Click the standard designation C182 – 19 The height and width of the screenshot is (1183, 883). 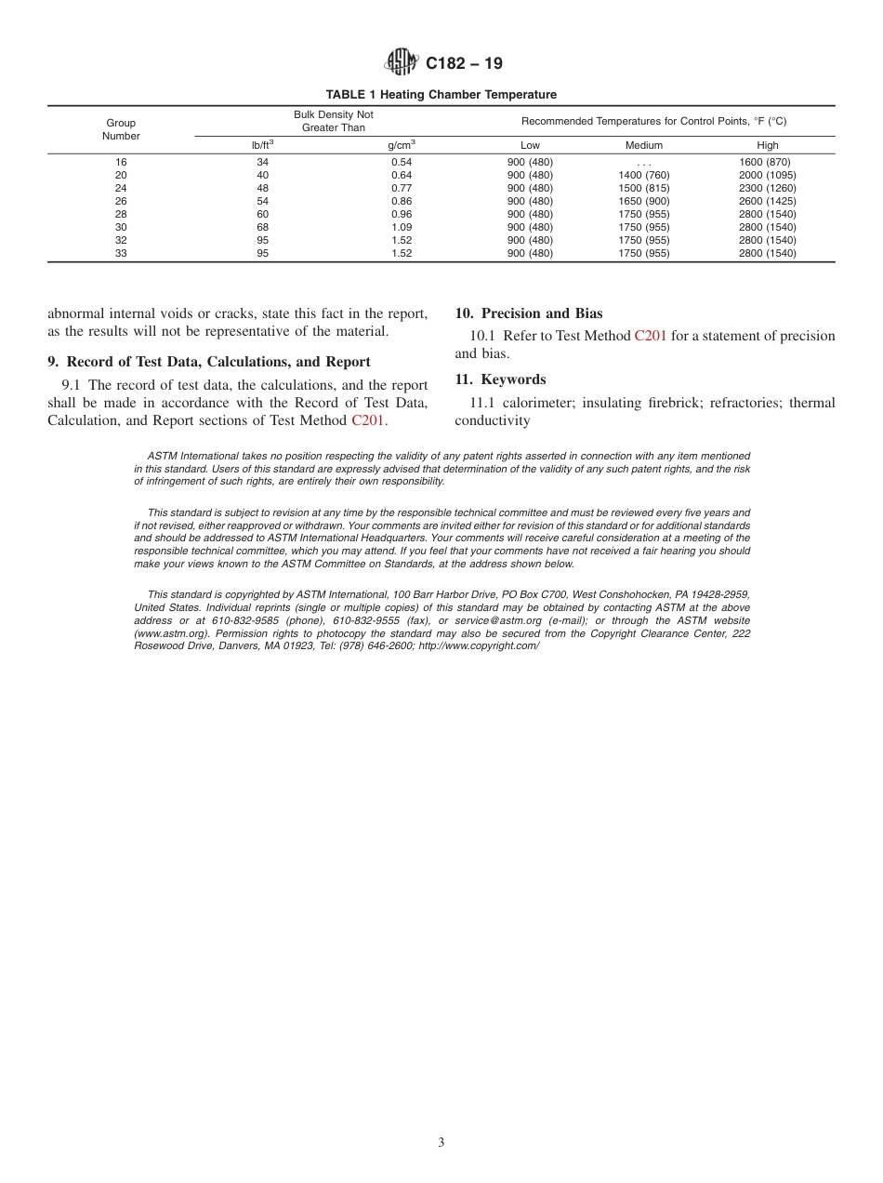(464, 63)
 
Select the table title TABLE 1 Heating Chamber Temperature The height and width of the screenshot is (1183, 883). (441, 95)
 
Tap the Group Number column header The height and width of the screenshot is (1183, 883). (121, 129)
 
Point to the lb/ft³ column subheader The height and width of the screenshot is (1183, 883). (263, 145)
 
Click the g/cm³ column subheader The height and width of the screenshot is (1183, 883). (402, 145)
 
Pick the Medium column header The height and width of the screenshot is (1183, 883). (643, 145)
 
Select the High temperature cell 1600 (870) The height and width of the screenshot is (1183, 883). (767, 162)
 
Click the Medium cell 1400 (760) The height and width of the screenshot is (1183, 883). (643, 175)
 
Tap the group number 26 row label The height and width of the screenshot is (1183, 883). (121, 201)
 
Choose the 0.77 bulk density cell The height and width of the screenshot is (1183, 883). (402, 188)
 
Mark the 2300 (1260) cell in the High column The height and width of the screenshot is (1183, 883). (767, 188)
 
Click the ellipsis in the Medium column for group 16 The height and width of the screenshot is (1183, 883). (643, 163)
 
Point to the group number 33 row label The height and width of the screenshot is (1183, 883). (121, 253)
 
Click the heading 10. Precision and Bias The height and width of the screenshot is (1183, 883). (528, 313)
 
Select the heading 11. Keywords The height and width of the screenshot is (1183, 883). (500, 379)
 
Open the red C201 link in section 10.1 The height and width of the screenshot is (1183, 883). (650, 336)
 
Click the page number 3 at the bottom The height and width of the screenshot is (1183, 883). (441, 1143)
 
